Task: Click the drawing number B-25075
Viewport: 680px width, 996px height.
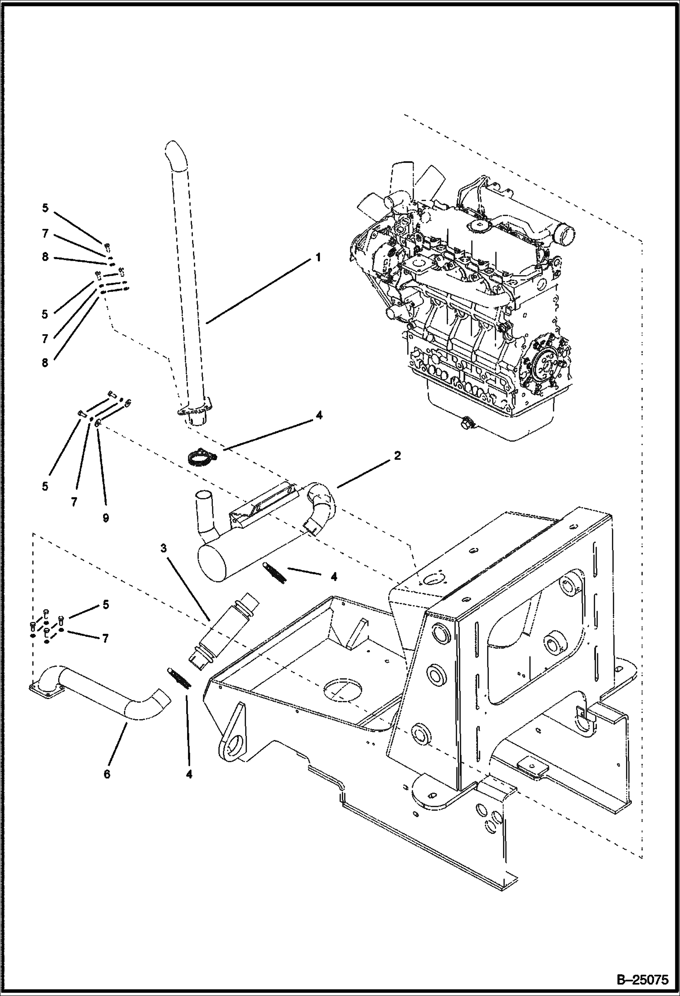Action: pos(643,980)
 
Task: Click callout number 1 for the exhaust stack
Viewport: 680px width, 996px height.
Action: pos(318,257)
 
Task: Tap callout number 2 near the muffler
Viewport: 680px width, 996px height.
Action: pos(397,455)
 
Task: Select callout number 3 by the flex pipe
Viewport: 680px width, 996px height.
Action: pos(163,548)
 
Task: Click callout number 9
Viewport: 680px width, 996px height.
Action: pos(106,518)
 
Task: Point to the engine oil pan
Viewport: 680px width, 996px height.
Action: pos(490,413)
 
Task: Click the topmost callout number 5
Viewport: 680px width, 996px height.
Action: pos(45,208)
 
